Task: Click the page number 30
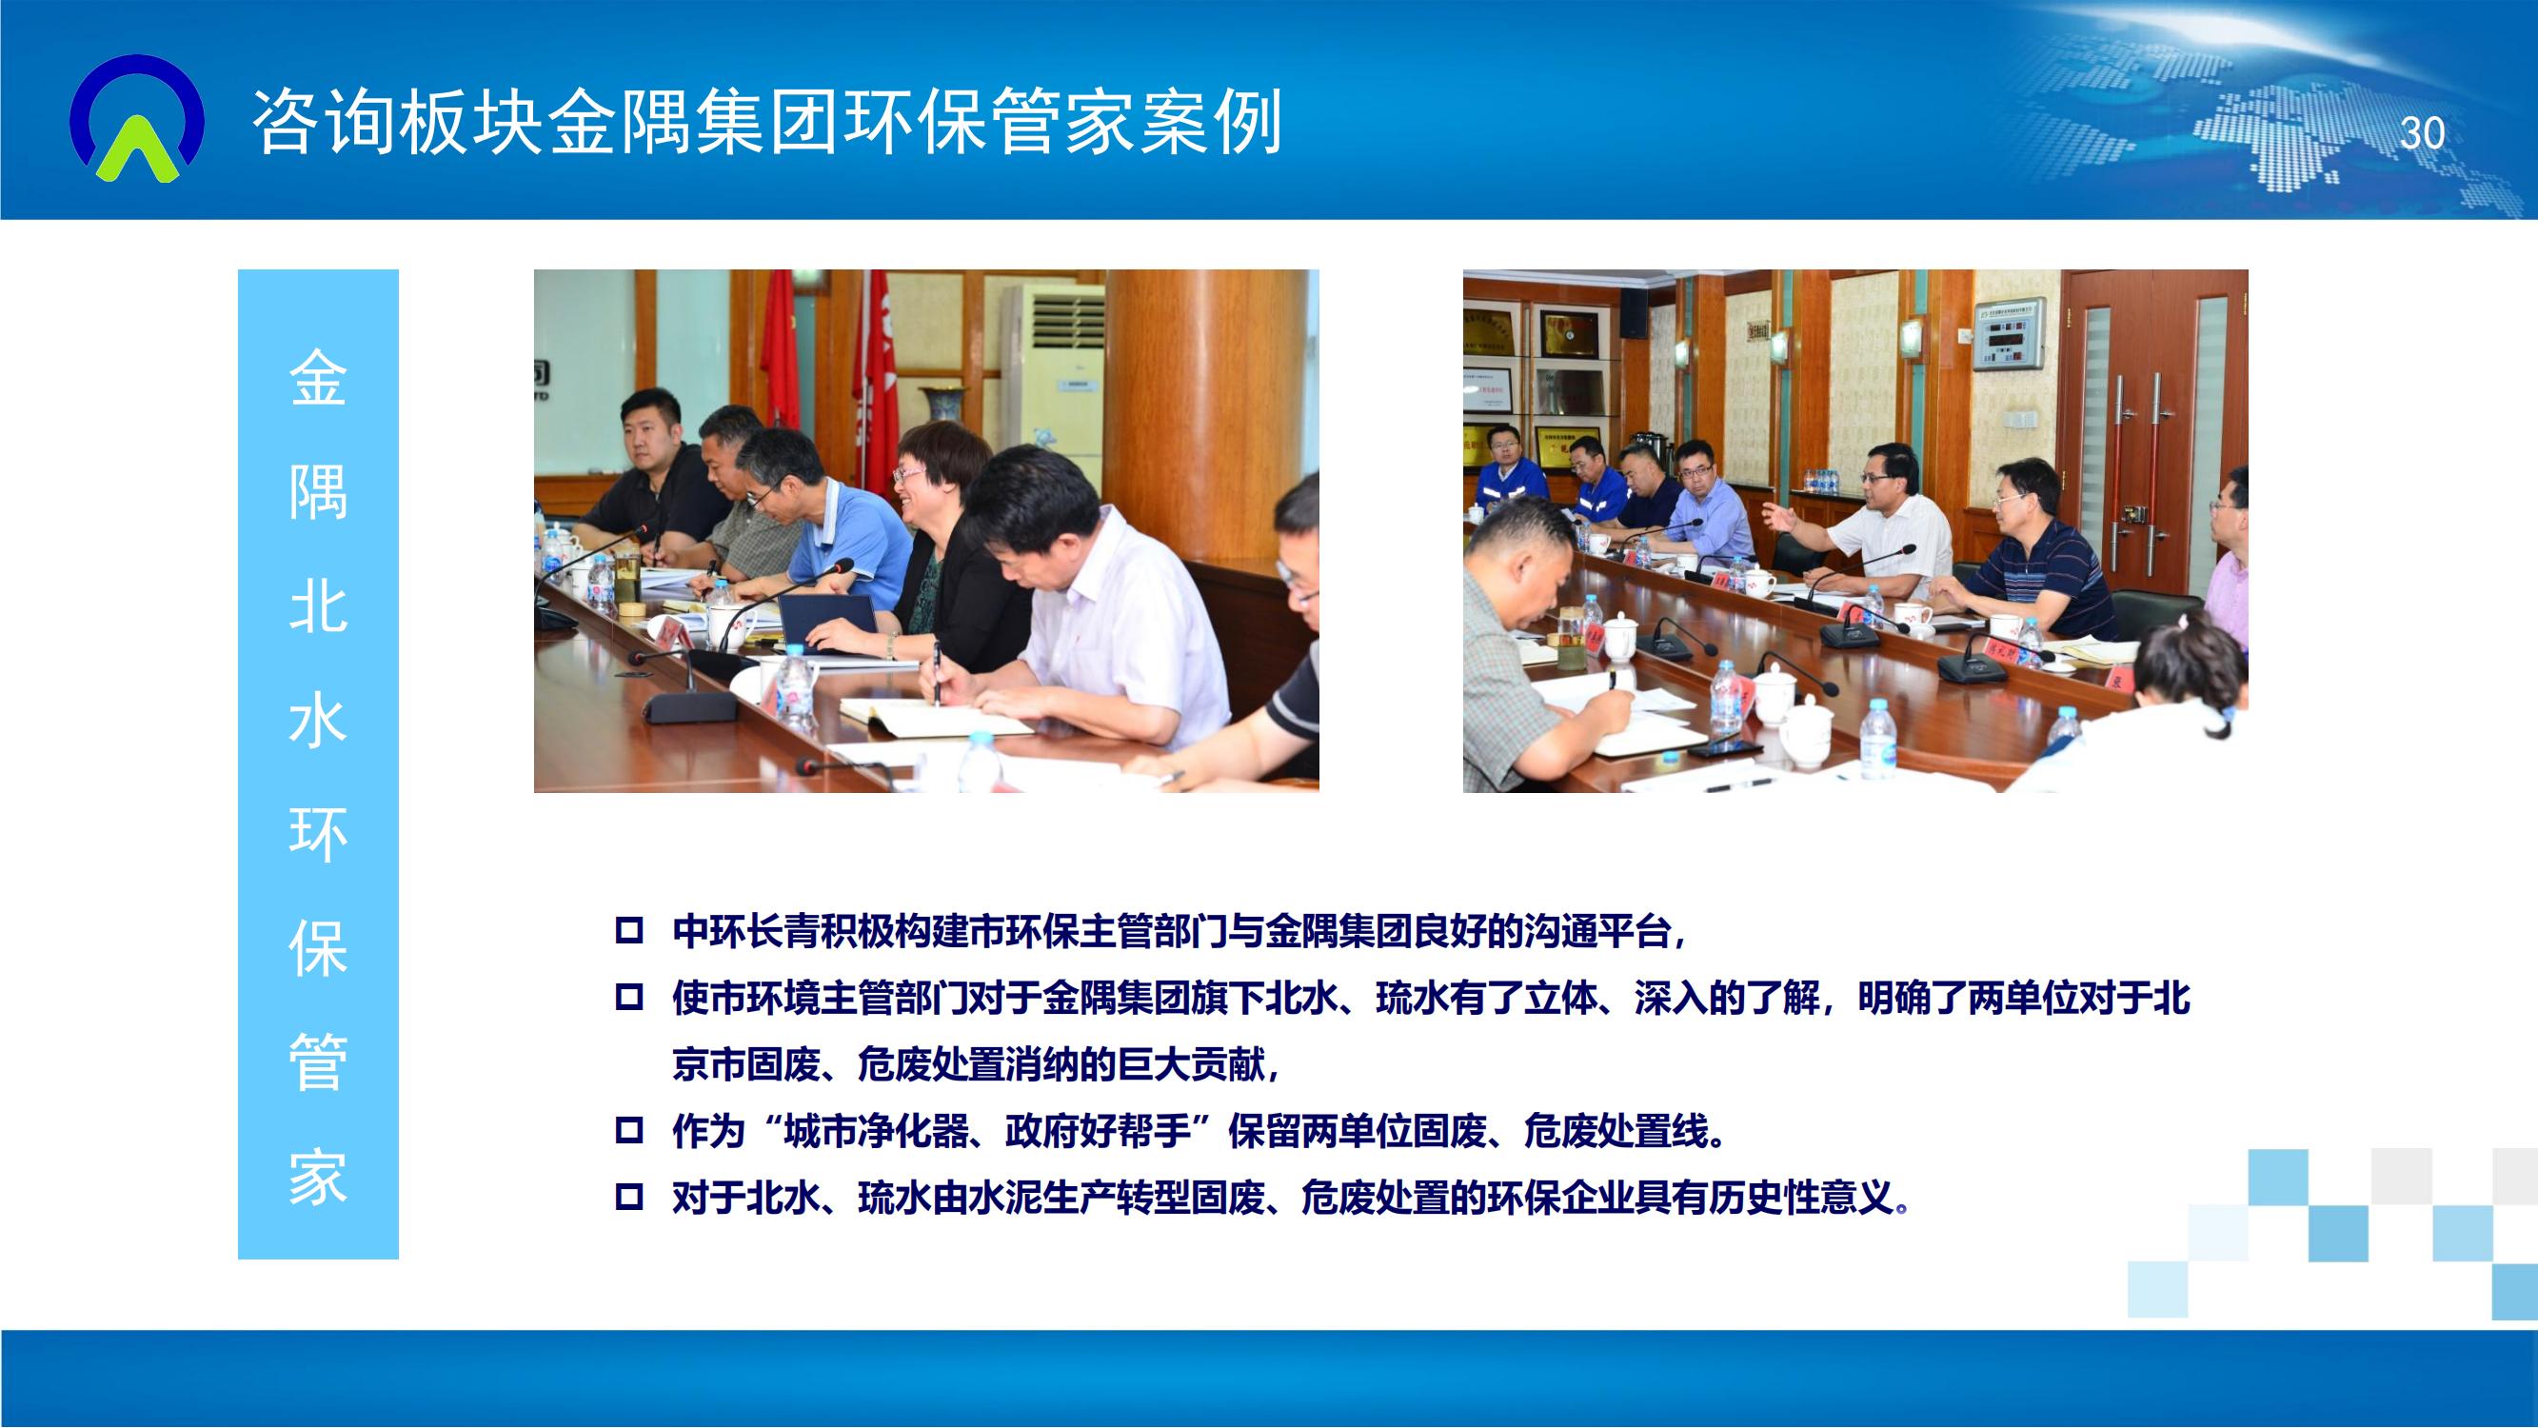pos(2423,132)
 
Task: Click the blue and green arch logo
pos(137,118)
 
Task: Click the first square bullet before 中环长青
pos(628,930)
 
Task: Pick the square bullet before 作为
pos(628,1129)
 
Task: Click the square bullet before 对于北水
pos(628,1198)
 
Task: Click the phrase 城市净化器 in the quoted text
pos(876,1130)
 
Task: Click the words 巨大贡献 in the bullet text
pos(1190,1064)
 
